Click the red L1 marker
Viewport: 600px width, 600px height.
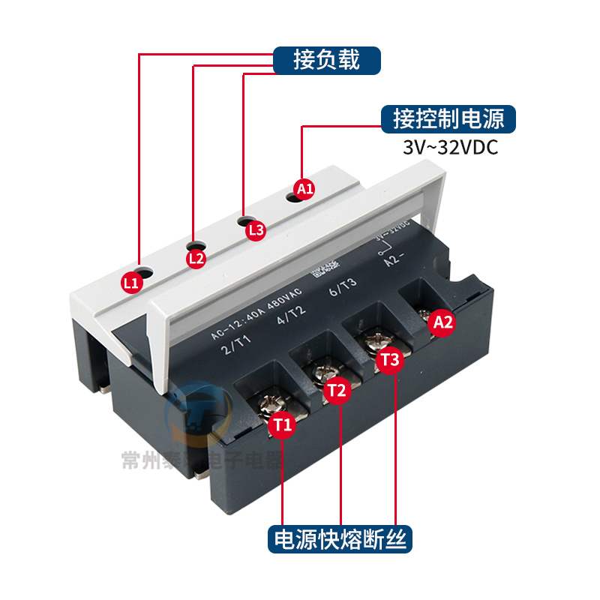coord(131,282)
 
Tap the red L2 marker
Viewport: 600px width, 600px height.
coord(196,259)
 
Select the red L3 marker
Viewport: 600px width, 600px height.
coord(256,230)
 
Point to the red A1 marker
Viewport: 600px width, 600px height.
coord(304,188)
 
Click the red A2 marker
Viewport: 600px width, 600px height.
coord(443,322)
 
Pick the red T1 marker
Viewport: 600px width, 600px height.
coord(282,426)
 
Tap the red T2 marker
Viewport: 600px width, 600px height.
coord(337,390)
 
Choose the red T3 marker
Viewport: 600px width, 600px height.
coord(390,360)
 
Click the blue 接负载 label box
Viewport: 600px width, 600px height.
coord(326,59)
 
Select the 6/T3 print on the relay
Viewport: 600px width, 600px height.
coord(343,290)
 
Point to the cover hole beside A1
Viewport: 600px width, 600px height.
coord(293,197)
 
